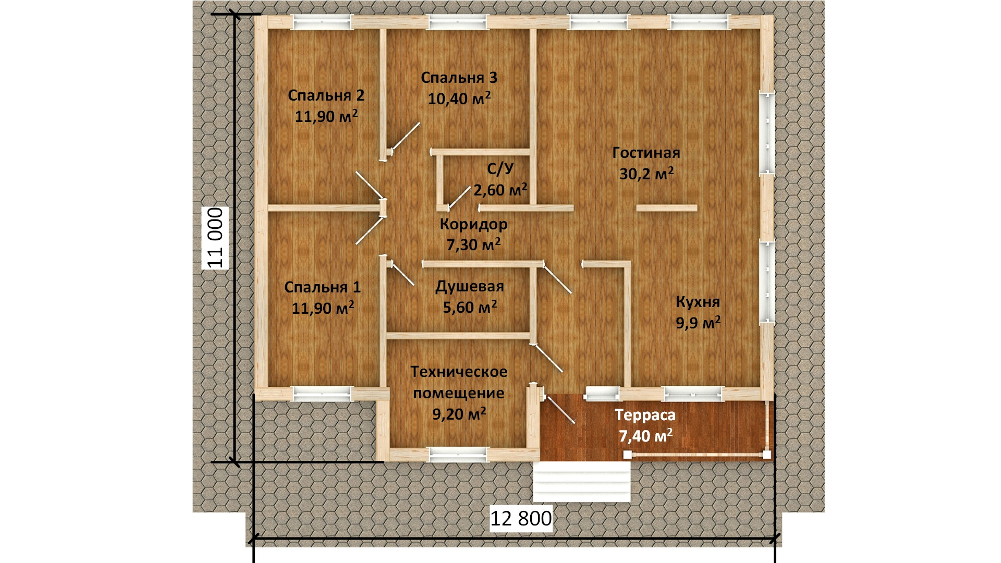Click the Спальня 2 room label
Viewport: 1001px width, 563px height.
coord(326,95)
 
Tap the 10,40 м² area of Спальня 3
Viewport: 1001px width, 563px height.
coord(459,98)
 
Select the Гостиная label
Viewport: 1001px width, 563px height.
coord(646,153)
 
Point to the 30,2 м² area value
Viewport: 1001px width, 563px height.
coord(646,173)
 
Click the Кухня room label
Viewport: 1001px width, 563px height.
coord(698,302)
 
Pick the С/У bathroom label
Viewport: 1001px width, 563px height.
coord(500,168)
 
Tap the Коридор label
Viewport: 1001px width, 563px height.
coord(473,224)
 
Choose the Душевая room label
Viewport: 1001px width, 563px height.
coord(470,286)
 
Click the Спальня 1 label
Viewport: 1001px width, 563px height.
coord(322,287)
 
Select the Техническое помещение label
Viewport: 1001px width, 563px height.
coord(459,382)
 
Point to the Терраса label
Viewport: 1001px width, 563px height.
coord(645,415)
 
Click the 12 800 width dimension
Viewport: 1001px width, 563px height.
coord(521,518)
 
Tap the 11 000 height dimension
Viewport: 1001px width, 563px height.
coord(215,238)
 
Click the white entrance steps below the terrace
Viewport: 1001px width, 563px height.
coord(582,481)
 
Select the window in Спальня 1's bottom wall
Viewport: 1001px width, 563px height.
coord(323,393)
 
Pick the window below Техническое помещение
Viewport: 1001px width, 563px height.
coord(459,455)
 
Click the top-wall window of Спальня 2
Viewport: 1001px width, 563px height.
coord(322,22)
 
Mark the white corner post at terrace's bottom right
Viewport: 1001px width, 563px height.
coord(767,455)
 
